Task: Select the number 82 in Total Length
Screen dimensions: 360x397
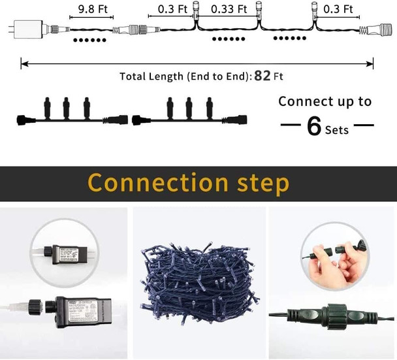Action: point(262,76)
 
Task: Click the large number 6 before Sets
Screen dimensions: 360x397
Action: point(315,125)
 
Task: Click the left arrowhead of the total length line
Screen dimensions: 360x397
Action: point(24,64)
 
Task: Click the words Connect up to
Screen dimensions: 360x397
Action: point(325,101)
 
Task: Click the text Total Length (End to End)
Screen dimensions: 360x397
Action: point(185,76)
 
